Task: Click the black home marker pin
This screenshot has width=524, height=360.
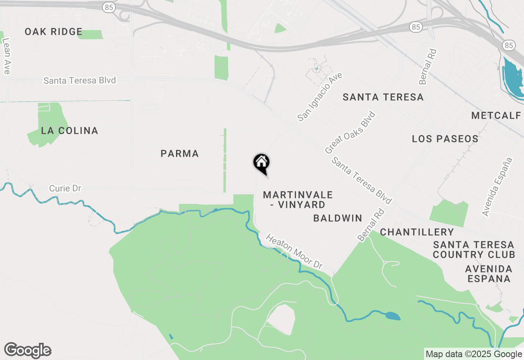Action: [261, 163]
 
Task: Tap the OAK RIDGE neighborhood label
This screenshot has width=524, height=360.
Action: [54, 32]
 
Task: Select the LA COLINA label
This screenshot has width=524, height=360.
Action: [70, 131]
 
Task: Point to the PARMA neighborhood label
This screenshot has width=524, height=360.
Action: [180, 154]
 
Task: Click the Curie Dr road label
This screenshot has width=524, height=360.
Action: [65, 189]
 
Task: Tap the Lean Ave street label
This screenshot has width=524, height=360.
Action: [6, 56]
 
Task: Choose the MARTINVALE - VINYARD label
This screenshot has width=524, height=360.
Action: [298, 200]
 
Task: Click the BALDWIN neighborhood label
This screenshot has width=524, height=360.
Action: [338, 218]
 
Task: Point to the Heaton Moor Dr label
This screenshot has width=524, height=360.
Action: [294, 252]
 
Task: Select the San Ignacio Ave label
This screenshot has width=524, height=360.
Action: [320, 97]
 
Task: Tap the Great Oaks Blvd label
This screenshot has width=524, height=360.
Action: [350, 133]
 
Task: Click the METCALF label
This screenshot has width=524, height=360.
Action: [496, 115]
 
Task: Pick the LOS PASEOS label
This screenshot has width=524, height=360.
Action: [445, 139]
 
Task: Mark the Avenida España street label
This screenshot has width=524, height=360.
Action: [497, 187]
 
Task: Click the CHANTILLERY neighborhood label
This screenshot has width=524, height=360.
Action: [417, 232]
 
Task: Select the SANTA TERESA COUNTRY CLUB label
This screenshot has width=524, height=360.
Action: [474, 250]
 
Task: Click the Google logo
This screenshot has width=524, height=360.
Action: [27, 351]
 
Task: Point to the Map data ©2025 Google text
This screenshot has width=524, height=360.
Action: [474, 354]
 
